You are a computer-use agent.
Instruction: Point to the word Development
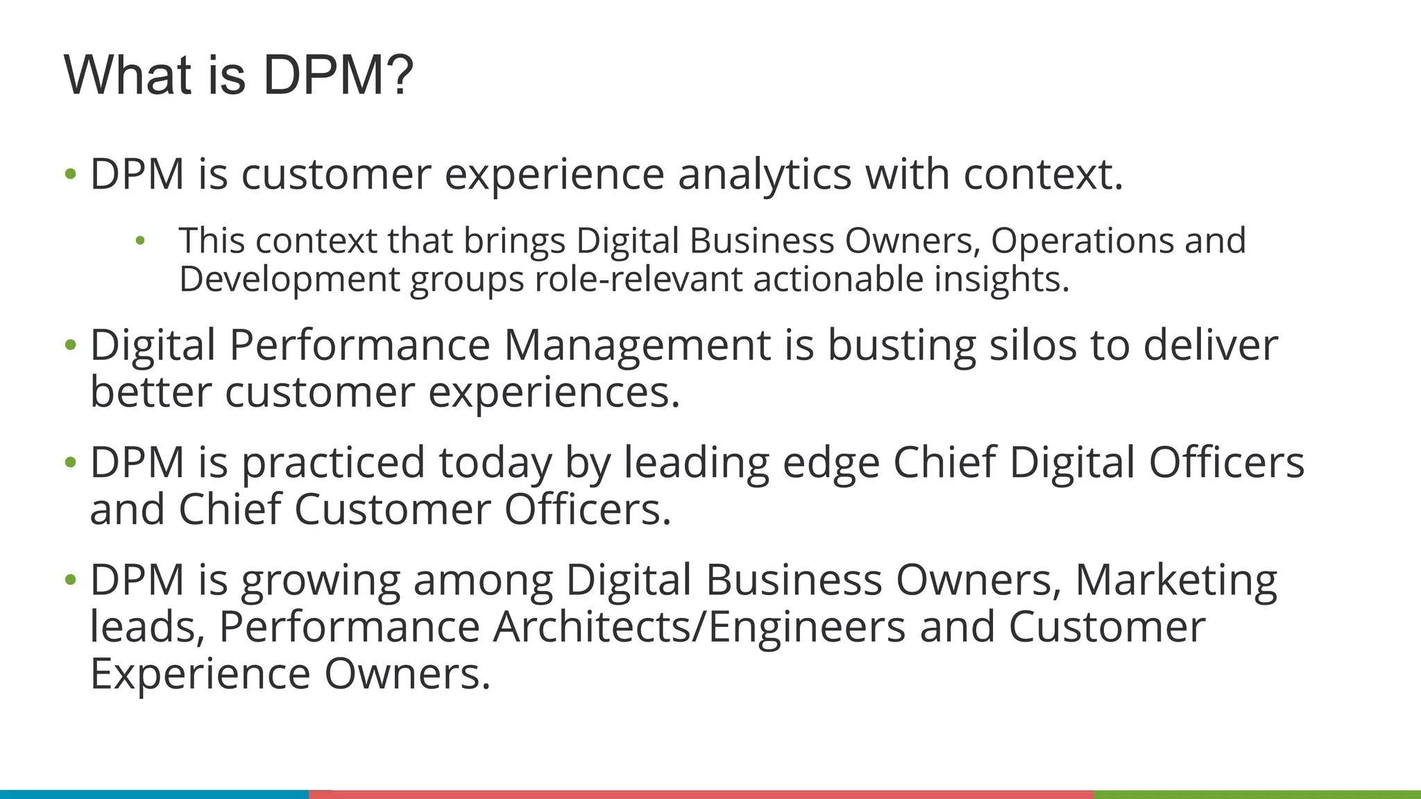tap(289, 280)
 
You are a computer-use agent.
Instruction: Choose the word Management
tap(637, 345)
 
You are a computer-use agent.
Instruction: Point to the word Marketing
tap(1175, 580)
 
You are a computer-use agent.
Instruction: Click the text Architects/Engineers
tap(699, 627)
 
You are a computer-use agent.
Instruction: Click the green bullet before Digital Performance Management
tap(70, 345)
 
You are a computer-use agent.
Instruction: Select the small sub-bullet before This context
tap(140, 241)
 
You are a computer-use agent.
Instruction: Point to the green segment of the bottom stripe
tap(1257, 794)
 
